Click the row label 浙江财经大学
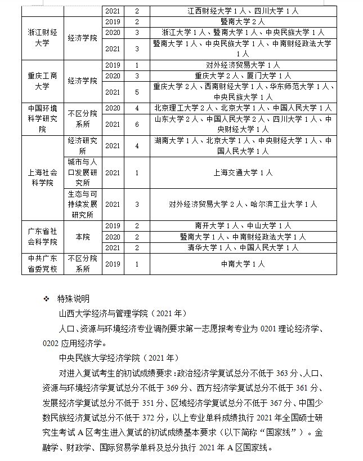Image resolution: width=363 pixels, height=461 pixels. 43,38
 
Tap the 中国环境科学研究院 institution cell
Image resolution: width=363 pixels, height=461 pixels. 43,118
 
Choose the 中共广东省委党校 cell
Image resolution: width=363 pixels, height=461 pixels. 43,263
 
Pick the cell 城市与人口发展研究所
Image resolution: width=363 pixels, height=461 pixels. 82,172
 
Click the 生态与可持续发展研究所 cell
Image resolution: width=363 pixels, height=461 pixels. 82,204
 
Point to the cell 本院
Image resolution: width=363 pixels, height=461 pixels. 82,237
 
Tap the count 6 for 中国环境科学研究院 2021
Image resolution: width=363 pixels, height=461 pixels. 137,124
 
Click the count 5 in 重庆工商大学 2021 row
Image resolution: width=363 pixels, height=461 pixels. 137,92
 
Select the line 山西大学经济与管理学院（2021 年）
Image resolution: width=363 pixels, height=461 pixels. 122,313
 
